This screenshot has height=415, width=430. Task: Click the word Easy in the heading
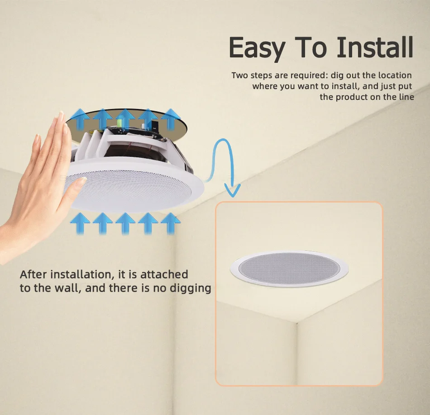pyautogui.click(x=257, y=48)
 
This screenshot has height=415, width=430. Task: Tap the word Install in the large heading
pyautogui.click(x=375, y=47)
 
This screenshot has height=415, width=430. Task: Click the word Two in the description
pyautogui.click(x=240, y=75)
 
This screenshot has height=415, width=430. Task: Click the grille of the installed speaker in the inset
pyautogui.click(x=289, y=268)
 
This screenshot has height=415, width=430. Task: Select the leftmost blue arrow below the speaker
pyautogui.click(x=80, y=223)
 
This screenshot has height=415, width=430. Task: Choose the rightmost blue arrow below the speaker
pyautogui.click(x=171, y=223)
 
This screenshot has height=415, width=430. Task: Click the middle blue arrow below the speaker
pyautogui.click(x=125, y=223)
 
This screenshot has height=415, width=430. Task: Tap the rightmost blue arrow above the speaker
pyautogui.click(x=171, y=119)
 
